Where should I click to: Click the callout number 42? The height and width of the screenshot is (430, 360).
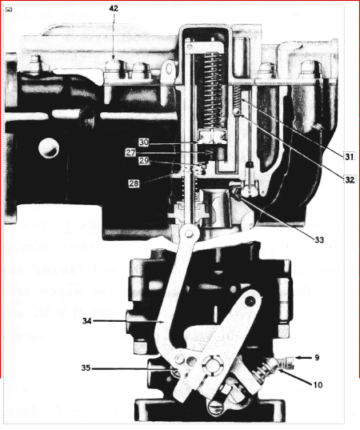tap(114, 9)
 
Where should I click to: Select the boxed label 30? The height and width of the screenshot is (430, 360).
tap(143, 143)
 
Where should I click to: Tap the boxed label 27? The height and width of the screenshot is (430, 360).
tap(130, 152)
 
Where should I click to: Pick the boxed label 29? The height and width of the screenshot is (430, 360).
tap(144, 161)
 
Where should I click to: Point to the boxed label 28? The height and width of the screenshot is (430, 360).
tap(134, 183)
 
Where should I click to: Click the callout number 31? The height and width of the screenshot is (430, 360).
tap(349, 156)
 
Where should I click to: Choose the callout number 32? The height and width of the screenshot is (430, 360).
tap(349, 180)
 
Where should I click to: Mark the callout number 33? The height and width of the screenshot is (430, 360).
tap(319, 240)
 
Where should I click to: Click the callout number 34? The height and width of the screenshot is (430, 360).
tap(87, 321)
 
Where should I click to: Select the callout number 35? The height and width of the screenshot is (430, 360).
tap(86, 368)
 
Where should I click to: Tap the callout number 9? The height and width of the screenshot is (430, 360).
tap(317, 358)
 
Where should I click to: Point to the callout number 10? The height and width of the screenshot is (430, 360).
tap(318, 385)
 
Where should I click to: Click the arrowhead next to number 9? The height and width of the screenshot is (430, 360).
tap(299, 358)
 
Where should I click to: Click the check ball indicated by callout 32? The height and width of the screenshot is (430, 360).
tap(237, 112)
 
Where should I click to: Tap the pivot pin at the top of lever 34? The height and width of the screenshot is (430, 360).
tap(188, 234)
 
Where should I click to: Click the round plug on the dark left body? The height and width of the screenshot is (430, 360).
tap(49, 148)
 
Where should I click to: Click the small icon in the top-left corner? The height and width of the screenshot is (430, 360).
tap(9, 10)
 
